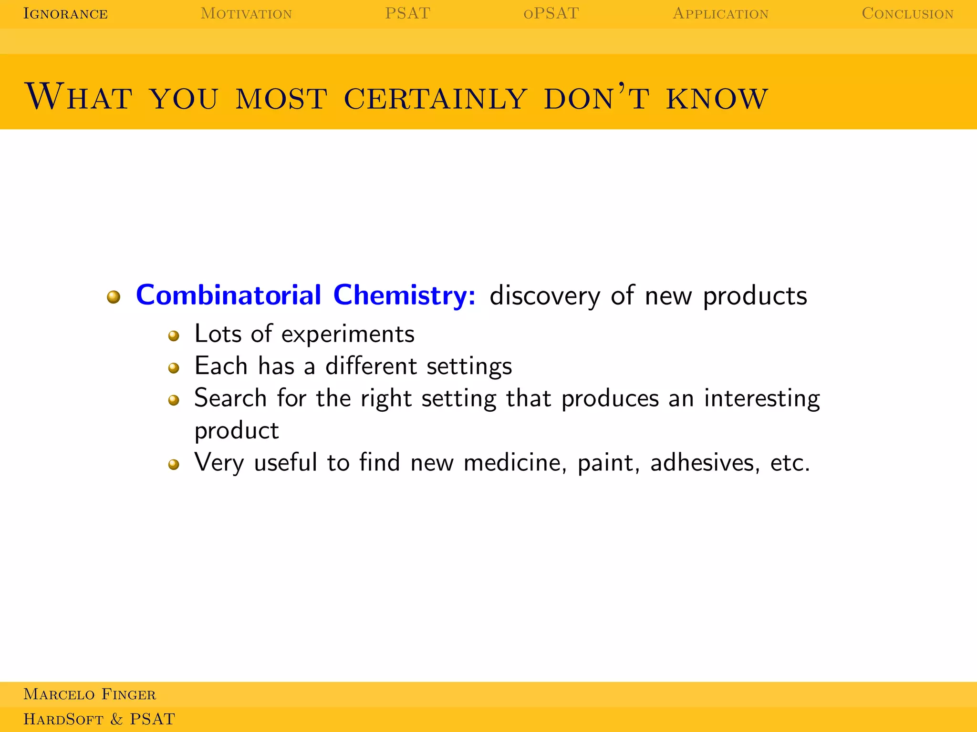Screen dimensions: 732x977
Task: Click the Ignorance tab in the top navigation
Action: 65,13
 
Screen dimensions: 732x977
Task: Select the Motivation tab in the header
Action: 246,13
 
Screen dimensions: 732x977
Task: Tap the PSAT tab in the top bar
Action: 407,13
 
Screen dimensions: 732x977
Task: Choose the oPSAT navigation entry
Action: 551,13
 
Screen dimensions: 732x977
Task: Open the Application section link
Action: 720,13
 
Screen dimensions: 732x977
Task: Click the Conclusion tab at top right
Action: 907,13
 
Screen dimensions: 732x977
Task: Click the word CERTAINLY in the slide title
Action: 435,99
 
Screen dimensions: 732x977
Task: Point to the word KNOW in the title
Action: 717,99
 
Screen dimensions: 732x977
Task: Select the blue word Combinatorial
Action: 229,295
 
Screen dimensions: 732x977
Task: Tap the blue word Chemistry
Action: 404,295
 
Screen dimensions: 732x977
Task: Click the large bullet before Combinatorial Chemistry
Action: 114,297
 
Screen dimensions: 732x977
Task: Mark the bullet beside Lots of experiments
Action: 174,336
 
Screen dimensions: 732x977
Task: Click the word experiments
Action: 348,334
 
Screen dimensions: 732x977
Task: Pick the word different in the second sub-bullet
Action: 371,366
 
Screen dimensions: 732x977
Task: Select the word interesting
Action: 762,398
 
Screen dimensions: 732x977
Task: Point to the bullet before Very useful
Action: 174,464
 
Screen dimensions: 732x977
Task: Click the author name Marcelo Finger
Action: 90,694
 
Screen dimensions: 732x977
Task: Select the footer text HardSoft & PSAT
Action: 99,719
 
